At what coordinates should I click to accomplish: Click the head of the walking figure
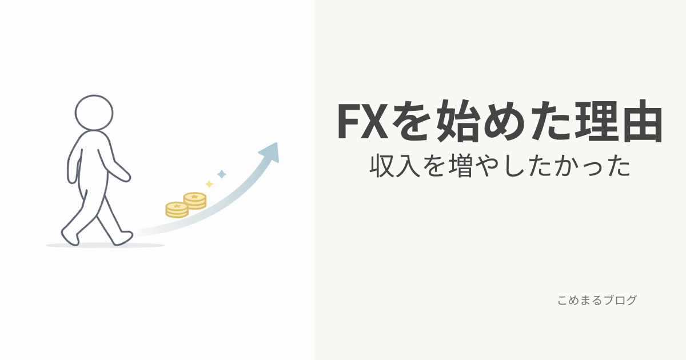(94, 113)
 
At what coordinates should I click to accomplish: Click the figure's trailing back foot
(70, 235)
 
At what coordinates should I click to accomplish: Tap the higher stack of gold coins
(194, 201)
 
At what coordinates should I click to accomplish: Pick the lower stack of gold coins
(177, 210)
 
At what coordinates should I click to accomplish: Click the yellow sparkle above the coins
(209, 184)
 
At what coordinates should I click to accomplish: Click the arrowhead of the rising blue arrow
(270, 151)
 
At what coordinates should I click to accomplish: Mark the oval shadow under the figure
(105, 245)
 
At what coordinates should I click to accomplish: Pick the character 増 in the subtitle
(458, 166)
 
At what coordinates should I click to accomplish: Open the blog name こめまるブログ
(597, 300)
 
